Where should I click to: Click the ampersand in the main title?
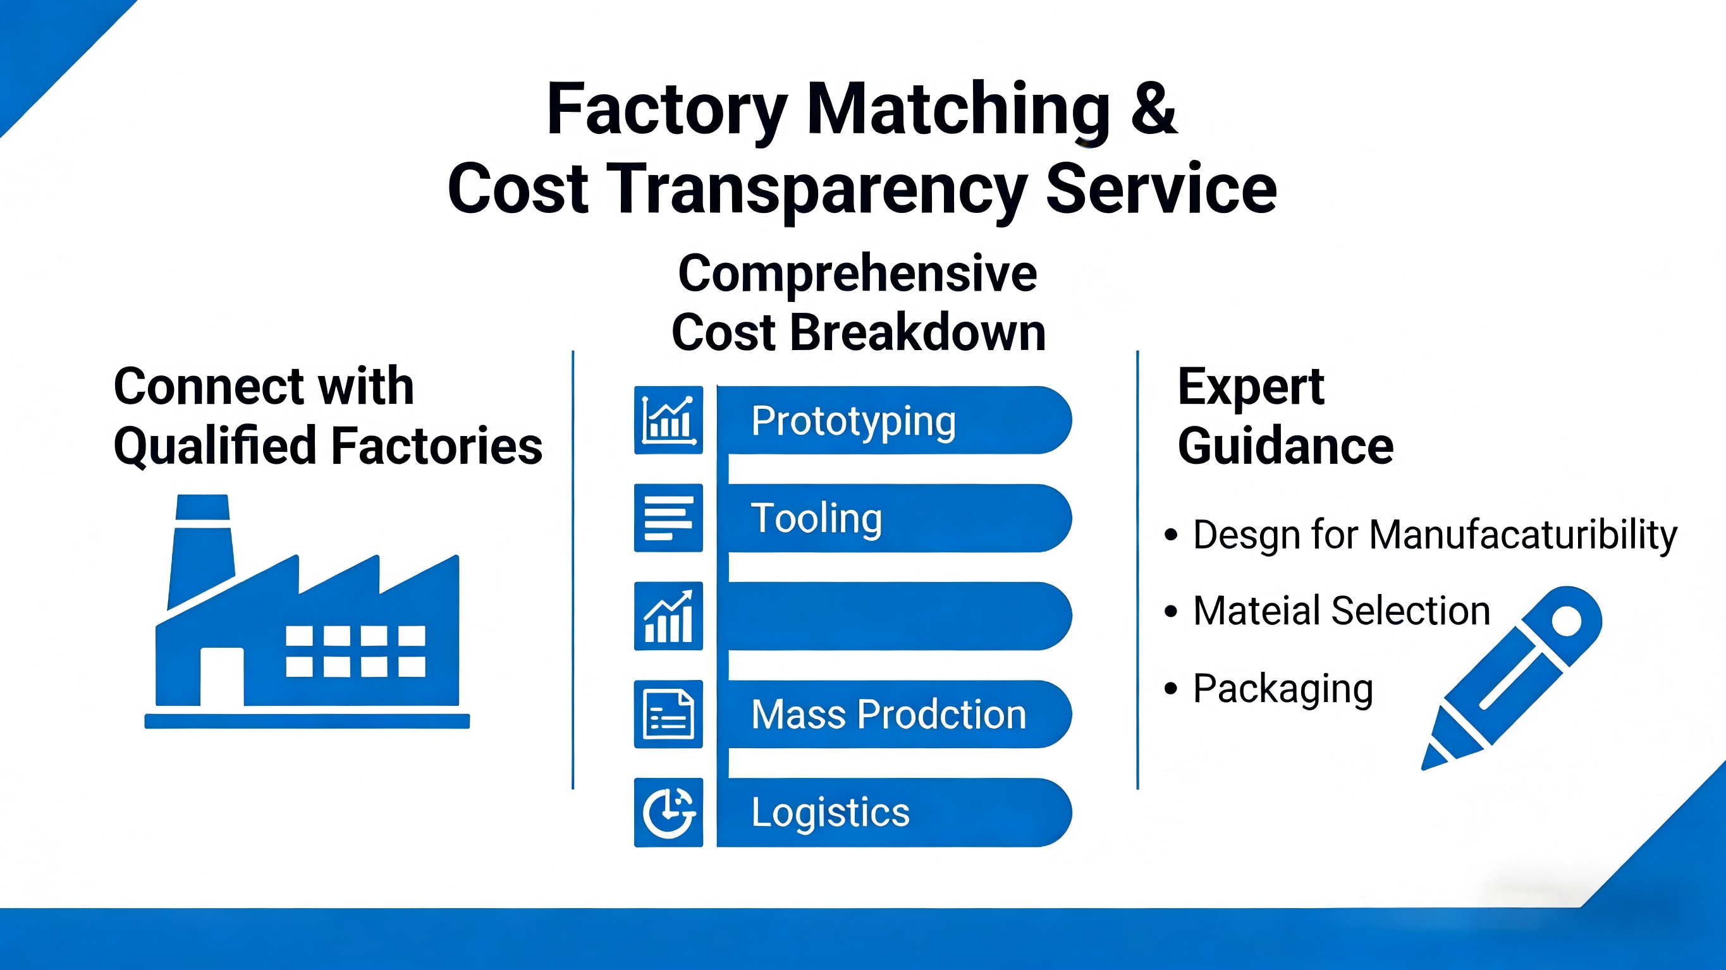tap(1153, 108)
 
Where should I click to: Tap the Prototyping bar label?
tap(853, 422)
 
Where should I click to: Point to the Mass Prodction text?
tap(888, 714)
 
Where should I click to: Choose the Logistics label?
tap(830, 813)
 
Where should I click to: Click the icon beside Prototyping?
tap(668, 420)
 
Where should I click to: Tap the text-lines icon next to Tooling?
tap(668, 518)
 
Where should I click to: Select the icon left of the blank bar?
tap(668, 615)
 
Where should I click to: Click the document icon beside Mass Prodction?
tap(668, 714)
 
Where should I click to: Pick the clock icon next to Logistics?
tap(668, 813)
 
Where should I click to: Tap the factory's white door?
tap(222, 677)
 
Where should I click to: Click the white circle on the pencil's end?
tap(1567, 621)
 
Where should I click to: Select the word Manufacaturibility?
tap(1523, 536)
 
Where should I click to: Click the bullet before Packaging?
tap(1170, 688)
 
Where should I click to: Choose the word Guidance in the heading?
tap(1286, 446)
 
